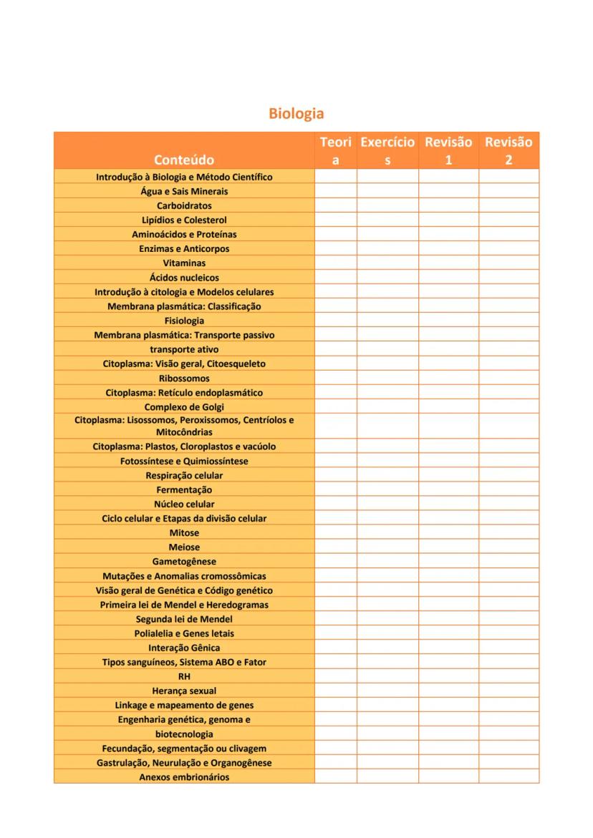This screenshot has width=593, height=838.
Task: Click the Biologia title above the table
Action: pos(296,114)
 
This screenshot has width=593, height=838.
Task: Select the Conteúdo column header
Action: pos(184,160)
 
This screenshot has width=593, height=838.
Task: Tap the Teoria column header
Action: pos(336,151)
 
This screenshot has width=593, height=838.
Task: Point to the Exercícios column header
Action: pos(387,151)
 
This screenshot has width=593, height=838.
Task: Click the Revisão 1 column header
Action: pos(448,151)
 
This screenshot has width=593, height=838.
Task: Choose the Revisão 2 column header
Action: pos(508,151)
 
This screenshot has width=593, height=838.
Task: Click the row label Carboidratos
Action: pos(184,205)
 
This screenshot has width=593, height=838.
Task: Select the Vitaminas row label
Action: pos(184,263)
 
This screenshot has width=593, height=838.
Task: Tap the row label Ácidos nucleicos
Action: pos(184,278)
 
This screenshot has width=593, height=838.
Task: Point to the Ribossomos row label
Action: pos(184,378)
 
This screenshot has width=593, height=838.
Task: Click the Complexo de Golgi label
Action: pos(184,407)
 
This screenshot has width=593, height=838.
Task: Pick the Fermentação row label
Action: pos(184,490)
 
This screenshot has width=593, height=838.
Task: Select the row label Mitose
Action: pos(184,533)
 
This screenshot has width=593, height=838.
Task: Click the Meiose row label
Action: pos(184,547)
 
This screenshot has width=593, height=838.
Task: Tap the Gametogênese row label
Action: pos(184,562)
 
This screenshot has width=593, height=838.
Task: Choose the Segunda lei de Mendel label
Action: pos(184,619)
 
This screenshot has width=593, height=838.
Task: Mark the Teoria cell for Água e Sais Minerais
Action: pos(336,191)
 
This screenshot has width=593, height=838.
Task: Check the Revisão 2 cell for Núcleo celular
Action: pos(508,505)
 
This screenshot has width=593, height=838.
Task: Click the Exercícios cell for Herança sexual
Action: pos(387,691)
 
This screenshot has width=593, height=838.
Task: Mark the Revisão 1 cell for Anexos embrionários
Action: pos(448,777)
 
